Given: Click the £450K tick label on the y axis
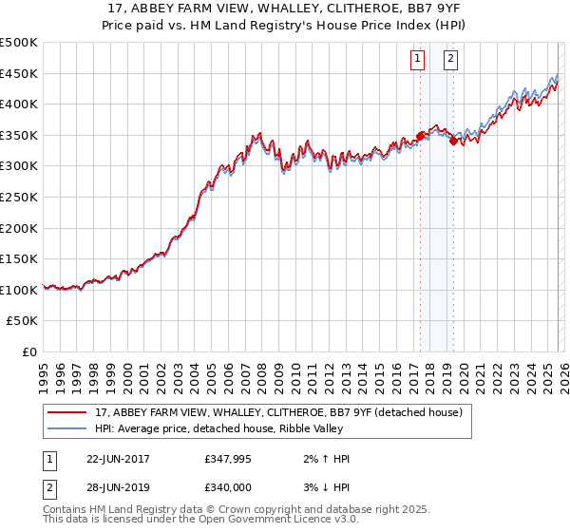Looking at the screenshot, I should coord(18,73).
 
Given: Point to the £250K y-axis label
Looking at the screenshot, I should coord(18,198).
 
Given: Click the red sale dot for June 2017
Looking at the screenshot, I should coord(421,136).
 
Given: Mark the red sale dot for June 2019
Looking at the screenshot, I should coord(454,141).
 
